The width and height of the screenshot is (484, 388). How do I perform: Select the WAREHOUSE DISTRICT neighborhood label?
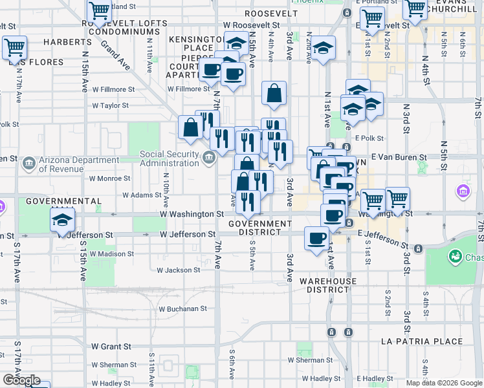(327, 285)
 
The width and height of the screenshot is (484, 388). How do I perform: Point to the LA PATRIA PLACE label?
(422, 341)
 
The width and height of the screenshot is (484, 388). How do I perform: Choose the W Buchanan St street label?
(182, 309)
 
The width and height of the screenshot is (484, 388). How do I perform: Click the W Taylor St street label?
(111, 105)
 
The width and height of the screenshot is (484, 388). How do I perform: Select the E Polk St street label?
(369, 138)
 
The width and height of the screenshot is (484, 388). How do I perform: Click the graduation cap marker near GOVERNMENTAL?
(63, 219)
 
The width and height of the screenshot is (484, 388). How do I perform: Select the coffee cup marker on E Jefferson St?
(316, 239)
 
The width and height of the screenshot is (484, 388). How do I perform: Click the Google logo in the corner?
(21, 380)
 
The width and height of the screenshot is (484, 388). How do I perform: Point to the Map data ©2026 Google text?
(444, 383)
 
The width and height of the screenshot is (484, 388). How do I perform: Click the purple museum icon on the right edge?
(463, 191)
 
